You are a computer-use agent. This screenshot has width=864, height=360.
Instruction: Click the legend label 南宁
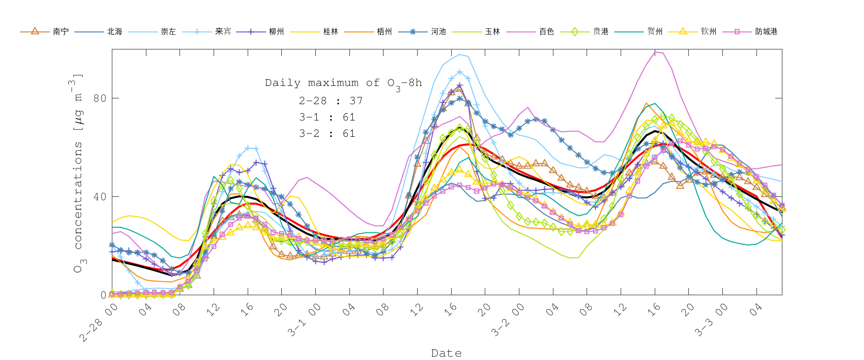coord(61,32)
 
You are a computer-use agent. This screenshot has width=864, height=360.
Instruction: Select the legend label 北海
coord(115,32)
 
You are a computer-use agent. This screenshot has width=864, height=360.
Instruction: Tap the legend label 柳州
coord(276,32)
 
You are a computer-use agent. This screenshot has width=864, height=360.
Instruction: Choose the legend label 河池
coord(438,32)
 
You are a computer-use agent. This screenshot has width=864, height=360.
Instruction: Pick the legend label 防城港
coord(766,32)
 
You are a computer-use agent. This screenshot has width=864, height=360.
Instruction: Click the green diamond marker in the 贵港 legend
coord(575,32)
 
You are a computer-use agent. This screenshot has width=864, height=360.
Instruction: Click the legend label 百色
coord(546,32)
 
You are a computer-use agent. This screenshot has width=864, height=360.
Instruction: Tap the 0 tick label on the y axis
coord(103,295)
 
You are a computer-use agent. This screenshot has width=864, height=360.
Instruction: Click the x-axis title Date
coord(446,353)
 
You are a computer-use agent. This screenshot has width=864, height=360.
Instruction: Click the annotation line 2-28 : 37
coord(331,101)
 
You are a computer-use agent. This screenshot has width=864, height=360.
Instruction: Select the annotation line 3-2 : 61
coord(327,133)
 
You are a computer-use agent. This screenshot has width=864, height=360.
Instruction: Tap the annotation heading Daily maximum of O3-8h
coord(343,83)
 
